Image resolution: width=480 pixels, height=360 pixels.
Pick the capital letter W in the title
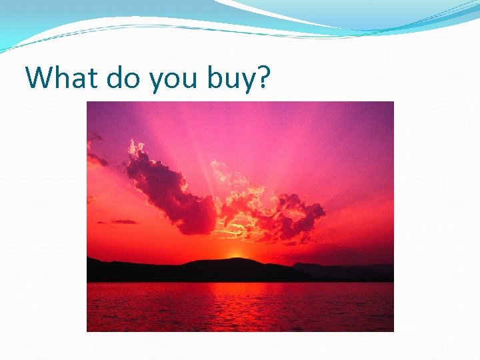pos(39,77)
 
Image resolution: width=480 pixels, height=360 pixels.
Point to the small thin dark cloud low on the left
pos(123,221)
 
